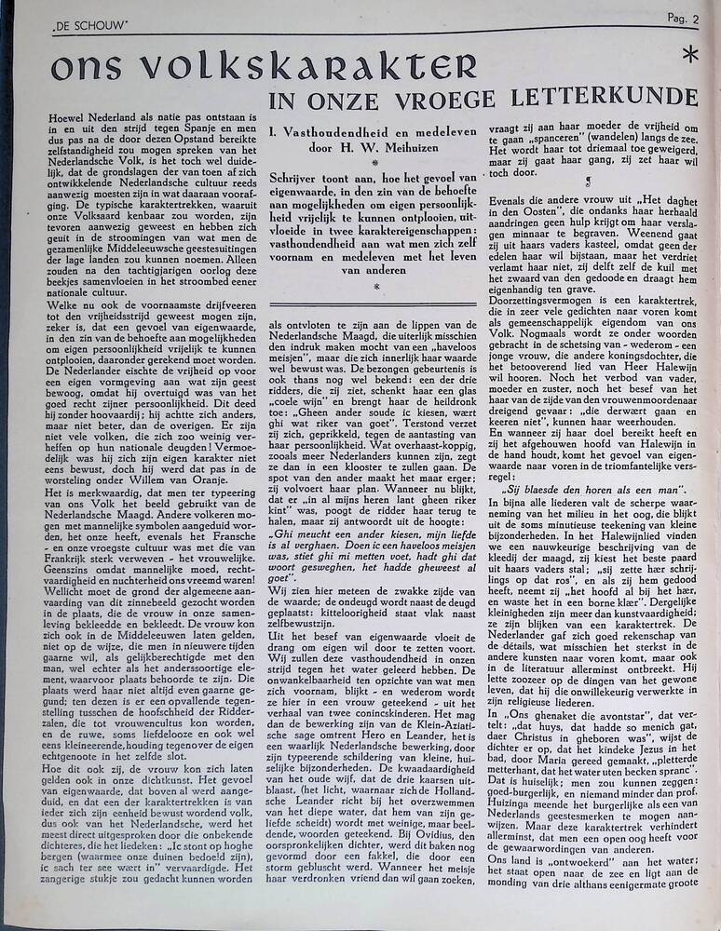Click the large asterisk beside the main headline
(x=689, y=55)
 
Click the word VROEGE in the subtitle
(x=502, y=97)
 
